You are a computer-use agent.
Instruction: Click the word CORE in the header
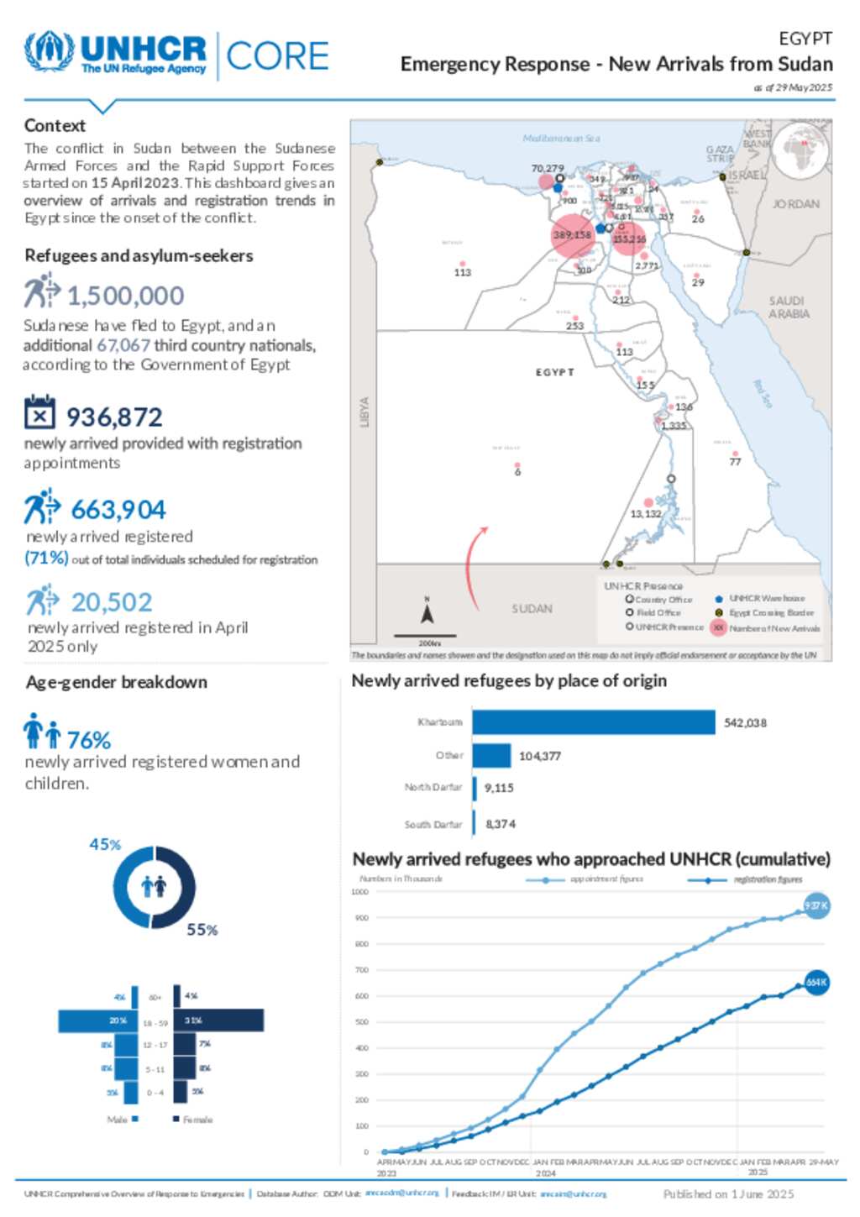(x=277, y=56)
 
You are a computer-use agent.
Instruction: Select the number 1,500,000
(x=125, y=296)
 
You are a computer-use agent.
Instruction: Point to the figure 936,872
(x=114, y=417)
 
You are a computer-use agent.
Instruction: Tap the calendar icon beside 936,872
(x=39, y=412)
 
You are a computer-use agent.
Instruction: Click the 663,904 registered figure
(x=118, y=510)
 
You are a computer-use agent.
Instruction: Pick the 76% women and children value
(x=88, y=740)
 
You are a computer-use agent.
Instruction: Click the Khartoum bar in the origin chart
(x=593, y=722)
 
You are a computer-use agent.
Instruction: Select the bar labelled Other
(x=491, y=756)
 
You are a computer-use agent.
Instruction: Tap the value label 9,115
(x=499, y=788)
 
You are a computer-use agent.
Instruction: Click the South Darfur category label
(x=433, y=825)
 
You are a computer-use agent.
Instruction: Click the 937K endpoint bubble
(x=816, y=905)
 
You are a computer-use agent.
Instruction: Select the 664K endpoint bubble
(x=816, y=982)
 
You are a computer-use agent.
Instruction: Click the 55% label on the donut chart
(x=202, y=930)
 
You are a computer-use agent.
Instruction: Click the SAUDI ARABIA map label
(x=789, y=307)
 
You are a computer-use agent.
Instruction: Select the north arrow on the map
(x=427, y=613)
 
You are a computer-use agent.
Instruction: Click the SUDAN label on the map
(x=532, y=608)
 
